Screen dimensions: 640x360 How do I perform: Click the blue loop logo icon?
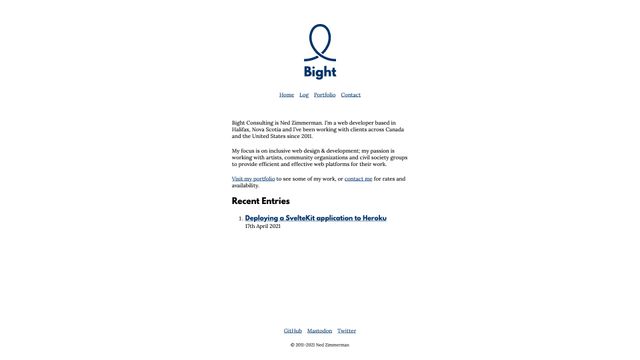click(319, 42)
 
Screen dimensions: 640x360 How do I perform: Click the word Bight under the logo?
click(320, 72)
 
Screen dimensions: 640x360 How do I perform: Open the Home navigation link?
click(286, 95)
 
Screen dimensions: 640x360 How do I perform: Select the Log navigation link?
click(304, 95)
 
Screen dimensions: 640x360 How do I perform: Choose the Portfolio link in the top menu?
click(325, 95)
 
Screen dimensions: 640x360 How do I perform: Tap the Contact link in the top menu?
click(351, 95)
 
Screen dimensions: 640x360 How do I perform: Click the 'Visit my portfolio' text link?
click(253, 179)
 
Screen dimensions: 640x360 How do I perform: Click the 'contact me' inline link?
click(358, 179)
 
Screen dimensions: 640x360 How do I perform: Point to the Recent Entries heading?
click(261, 201)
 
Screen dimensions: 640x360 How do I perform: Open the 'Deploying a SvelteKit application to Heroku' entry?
click(315, 218)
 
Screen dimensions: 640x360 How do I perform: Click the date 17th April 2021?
click(263, 226)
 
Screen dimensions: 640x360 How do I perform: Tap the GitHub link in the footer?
click(293, 331)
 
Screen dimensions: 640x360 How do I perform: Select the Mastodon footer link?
click(319, 331)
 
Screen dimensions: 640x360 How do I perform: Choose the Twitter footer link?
click(346, 331)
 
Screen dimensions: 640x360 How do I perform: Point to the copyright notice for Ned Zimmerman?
click(320, 344)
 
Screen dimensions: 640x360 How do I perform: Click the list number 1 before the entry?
click(240, 218)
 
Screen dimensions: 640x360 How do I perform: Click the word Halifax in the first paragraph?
click(241, 129)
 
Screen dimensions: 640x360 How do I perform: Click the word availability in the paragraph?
click(246, 185)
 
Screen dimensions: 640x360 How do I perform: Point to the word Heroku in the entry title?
click(375, 218)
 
